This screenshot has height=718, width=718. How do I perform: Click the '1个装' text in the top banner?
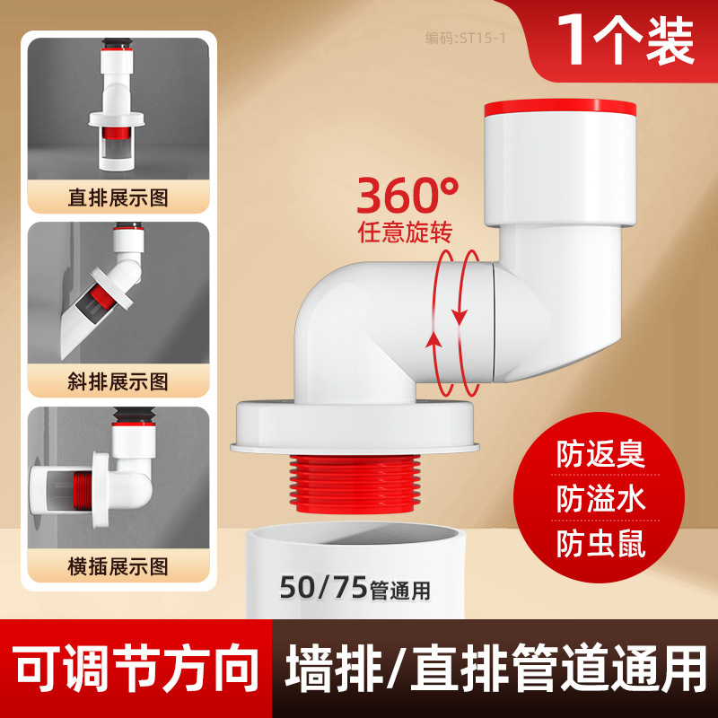coord(626,40)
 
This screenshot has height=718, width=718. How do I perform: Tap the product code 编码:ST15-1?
coord(465,38)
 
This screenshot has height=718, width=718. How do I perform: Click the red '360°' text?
coord(407,195)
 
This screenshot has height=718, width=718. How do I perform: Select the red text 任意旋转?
coord(405,232)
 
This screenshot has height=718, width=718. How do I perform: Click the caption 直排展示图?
coord(118,197)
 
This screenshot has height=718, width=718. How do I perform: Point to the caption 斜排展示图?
coord(118,382)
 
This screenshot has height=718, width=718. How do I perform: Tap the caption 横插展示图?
coord(118,567)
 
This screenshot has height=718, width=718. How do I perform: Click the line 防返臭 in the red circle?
coord(600,454)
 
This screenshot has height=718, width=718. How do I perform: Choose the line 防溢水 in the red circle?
coord(600,498)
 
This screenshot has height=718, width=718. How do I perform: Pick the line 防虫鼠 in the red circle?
coord(600,543)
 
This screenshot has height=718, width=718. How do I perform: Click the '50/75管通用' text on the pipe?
coord(355,588)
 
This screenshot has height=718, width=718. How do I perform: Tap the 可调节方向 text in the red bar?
coord(136,669)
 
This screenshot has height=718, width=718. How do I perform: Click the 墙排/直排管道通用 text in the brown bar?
coord(495,669)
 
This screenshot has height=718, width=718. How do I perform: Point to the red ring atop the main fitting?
coord(560,108)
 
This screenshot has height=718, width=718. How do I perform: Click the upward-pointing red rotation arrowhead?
coord(433,340)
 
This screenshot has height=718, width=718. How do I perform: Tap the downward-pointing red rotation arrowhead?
coord(460,317)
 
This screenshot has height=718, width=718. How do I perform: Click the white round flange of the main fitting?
coord(355,428)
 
